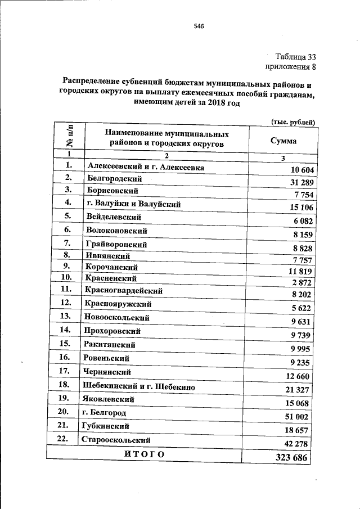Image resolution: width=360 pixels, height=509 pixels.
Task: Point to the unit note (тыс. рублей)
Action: (292, 122)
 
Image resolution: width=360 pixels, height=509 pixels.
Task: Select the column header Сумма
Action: (283, 141)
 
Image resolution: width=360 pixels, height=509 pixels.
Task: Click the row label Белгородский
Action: (115, 178)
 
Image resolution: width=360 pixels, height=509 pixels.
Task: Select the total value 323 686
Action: (292, 457)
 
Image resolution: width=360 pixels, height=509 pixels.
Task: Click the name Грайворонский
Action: (117, 244)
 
